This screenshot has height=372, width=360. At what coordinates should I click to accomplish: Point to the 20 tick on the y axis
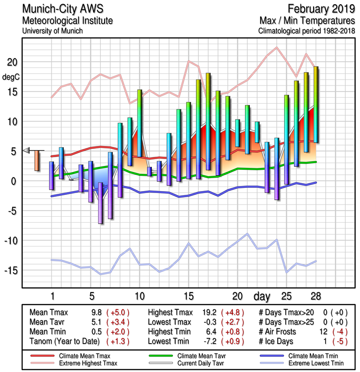coord(12,62)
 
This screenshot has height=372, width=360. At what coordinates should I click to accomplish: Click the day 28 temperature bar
coord(316,104)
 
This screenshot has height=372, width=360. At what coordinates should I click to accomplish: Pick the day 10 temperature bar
coord(139,123)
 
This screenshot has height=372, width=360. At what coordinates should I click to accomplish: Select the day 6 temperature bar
coord(100,203)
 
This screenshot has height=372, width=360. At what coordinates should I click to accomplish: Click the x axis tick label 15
coord(189,296)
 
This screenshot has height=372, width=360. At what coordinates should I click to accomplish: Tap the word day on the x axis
coord(262,296)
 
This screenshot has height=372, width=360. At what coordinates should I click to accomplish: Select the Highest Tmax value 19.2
coord(210,312)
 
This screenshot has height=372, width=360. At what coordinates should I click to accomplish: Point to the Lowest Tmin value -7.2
coord(210,341)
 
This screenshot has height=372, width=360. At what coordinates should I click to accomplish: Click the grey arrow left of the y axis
coord(26,150)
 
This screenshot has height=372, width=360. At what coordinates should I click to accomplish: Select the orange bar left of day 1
coord(37,160)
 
